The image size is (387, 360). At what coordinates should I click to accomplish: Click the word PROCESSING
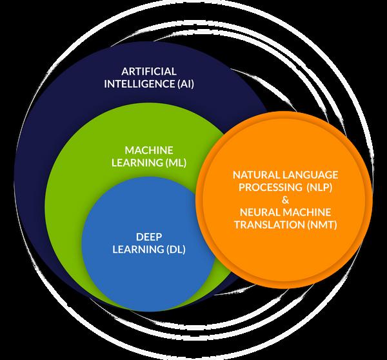click(x=266, y=186)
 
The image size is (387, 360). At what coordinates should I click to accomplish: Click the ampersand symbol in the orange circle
click(x=284, y=199)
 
